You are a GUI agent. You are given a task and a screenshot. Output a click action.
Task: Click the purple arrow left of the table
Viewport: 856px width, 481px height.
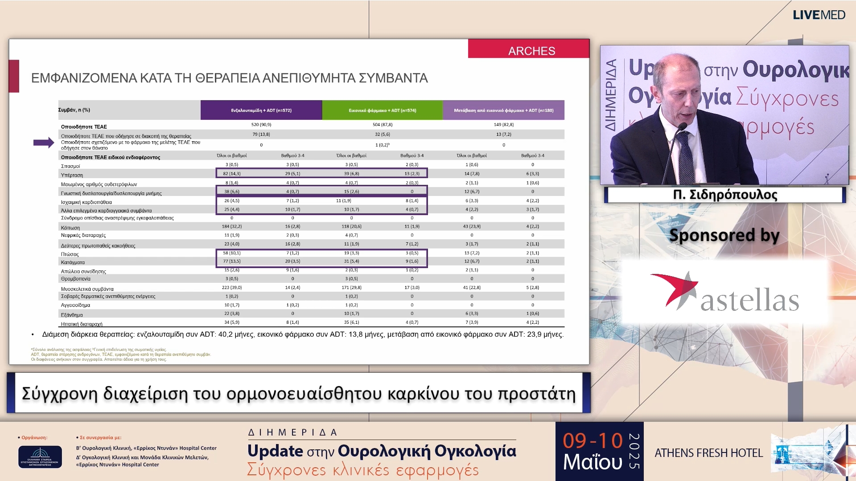[x=44, y=143]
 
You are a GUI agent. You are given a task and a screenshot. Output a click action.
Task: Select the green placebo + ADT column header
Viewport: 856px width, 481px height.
[x=382, y=110]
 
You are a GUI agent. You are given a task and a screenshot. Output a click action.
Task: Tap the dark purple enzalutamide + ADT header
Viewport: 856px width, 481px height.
[x=261, y=110]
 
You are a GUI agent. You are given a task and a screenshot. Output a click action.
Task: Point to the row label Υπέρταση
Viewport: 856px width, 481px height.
[x=72, y=175]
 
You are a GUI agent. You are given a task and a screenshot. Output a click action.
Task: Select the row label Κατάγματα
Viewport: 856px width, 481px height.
[x=73, y=262]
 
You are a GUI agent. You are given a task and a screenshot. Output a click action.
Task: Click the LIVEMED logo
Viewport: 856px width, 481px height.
[x=819, y=15]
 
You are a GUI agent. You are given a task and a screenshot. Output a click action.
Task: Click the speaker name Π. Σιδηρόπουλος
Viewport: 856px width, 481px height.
[x=725, y=195]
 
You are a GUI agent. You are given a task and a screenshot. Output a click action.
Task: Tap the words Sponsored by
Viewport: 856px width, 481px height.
[x=724, y=235]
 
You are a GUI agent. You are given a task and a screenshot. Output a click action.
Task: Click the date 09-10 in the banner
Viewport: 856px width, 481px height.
[x=593, y=441]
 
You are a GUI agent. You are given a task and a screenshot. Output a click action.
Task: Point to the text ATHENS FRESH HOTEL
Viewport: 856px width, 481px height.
[x=708, y=453]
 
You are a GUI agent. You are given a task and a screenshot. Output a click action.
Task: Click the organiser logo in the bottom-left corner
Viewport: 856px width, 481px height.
[x=40, y=457]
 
